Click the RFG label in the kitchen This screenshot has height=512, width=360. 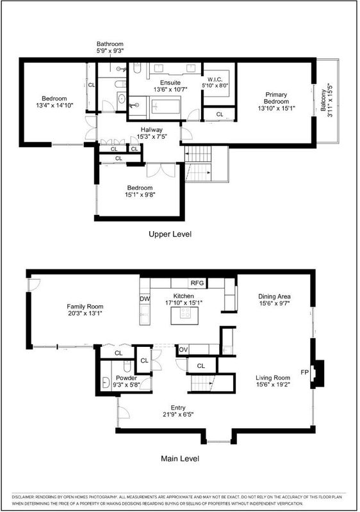(x=197, y=283)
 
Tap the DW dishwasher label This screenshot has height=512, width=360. (x=145, y=298)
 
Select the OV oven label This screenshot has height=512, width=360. (x=183, y=349)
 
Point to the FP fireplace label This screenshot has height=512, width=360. (x=304, y=372)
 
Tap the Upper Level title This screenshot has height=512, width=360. (x=170, y=234)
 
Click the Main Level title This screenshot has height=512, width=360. (x=179, y=458)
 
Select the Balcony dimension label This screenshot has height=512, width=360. (x=327, y=101)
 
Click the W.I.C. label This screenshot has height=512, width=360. (x=215, y=79)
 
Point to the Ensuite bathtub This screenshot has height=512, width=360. (x=166, y=107)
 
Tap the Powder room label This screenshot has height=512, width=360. (x=126, y=378)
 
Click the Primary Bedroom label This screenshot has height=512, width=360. (x=276, y=98)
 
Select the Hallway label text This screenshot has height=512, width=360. (x=152, y=130)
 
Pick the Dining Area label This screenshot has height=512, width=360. (x=274, y=296)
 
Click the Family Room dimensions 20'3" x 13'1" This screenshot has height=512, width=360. (x=85, y=314)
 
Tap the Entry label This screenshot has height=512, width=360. (x=178, y=408)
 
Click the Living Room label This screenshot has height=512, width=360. (x=273, y=378)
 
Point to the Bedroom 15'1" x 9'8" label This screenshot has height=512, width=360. (x=140, y=191)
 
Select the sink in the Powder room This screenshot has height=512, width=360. (x=106, y=382)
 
